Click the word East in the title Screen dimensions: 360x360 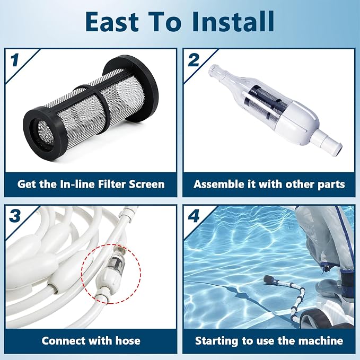pos(112,21)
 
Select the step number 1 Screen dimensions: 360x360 pos(15,60)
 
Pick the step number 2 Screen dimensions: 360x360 pos(194,60)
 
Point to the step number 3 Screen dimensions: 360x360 pos(15,216)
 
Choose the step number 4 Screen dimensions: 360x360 pos(194,216)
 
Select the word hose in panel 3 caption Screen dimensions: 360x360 pos(128,341)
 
